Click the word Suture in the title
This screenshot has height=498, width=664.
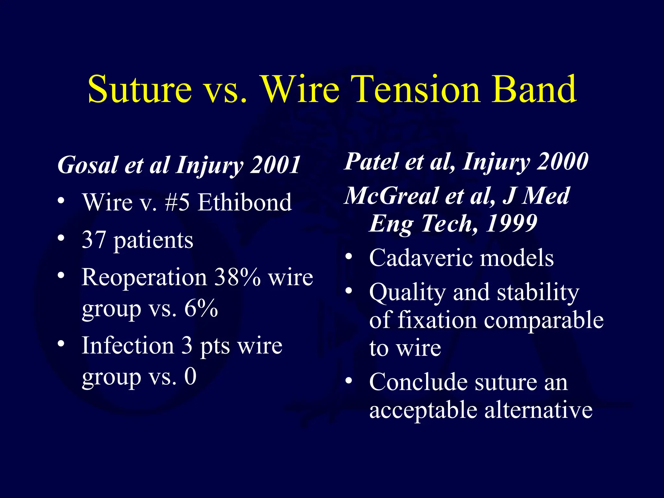pos(140,89)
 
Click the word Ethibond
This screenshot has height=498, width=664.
pos(245,203)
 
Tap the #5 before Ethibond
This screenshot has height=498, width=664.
pos(177,203)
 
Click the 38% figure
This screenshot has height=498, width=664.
pos(238,278)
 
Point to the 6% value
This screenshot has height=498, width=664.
pos(201,308)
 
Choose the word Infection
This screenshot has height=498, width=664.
pos(128,346)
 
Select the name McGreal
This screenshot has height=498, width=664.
pos(391,196)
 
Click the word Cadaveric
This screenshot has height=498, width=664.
pos(421,258)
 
